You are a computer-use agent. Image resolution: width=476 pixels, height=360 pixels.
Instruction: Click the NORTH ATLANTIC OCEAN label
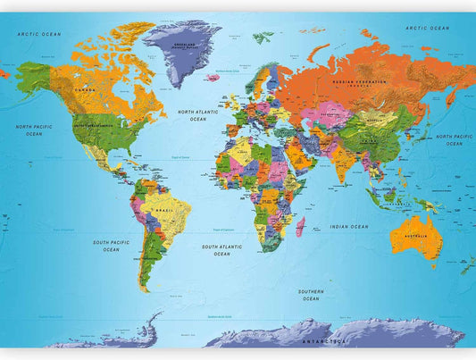196,115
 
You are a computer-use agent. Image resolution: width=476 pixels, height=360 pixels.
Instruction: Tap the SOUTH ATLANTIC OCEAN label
221,250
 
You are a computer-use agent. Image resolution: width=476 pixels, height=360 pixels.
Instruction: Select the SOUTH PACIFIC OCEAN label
111,246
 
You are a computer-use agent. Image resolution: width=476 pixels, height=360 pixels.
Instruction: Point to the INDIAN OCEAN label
348,227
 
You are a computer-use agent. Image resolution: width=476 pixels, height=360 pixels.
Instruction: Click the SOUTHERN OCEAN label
310,295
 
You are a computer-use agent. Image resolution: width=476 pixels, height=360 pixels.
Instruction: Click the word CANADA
85,90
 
